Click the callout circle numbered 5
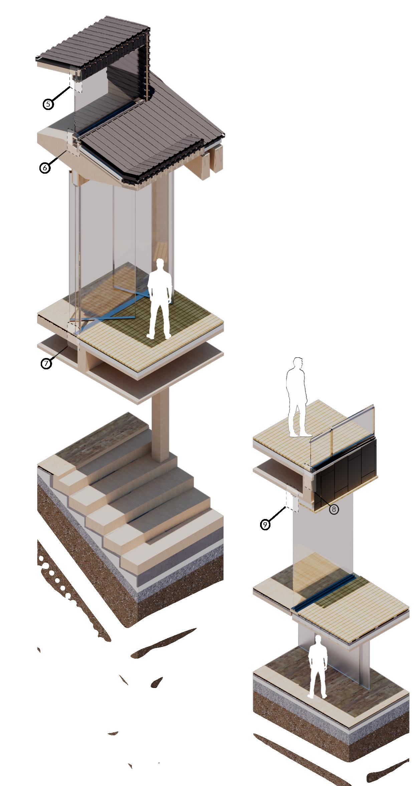coord(48,104)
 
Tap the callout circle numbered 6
coord(45,167)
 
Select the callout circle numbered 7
coord(46,363)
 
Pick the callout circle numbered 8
coord(334,509)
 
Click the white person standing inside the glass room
coord(160,300)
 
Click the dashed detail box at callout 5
coord(75,80)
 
